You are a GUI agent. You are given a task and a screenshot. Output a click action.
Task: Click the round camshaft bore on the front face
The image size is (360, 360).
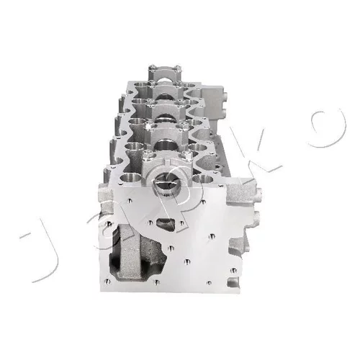166,185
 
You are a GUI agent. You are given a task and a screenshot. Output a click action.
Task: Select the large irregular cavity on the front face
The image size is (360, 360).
135,253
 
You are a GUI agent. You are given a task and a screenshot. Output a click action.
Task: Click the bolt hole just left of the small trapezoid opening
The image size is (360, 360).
150,222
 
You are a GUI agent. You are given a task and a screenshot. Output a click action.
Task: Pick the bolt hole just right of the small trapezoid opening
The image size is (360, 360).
181,223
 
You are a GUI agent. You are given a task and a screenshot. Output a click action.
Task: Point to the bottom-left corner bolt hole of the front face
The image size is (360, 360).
108,282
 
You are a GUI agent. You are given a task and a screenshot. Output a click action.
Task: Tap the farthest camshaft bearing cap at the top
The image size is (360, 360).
164,73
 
